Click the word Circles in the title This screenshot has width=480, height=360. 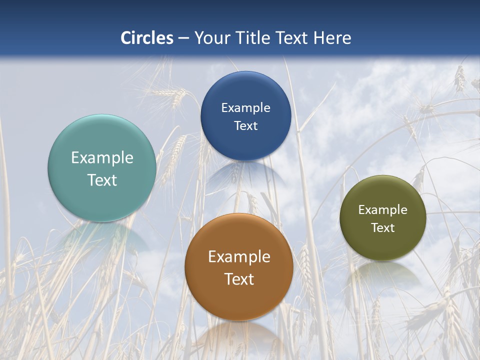coord(147,38)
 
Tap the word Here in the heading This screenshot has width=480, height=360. coord(332,38)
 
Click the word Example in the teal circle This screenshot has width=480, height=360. coord(102,158)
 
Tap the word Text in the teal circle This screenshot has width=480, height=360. coord(102,180)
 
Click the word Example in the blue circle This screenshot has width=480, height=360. coord(245,108)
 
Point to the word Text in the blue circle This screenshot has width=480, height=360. coord(245,126)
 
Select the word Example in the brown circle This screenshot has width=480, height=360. coord(239,257)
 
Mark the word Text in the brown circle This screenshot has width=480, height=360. coord(239,279)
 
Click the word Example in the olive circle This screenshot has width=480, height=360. coord(383,210)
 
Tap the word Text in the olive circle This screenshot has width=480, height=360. coord(383,228)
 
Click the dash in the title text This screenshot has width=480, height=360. coord(183,38)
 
